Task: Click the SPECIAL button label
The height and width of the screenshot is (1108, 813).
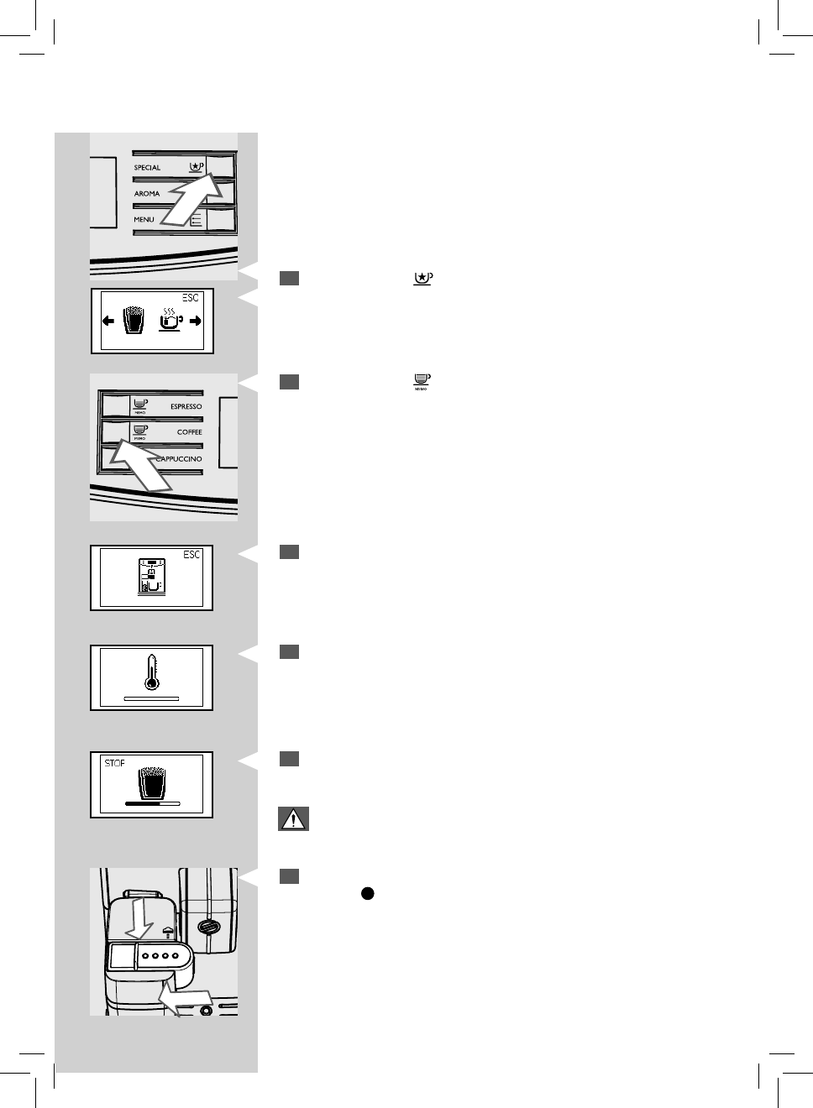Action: [147, 168]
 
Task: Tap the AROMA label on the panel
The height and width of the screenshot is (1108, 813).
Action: [146, 194]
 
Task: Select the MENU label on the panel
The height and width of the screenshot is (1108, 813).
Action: [144, 220]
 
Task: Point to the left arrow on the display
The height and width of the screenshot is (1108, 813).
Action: [108, 321]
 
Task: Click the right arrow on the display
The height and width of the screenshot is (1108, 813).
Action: [196, 321]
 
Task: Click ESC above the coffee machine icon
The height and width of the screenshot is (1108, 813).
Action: [191, 555]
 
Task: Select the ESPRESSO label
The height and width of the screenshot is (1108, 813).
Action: [186, 407]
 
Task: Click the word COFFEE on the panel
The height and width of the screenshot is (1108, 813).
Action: [189, 432]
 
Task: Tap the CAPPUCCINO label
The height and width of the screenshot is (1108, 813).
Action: [180, 459]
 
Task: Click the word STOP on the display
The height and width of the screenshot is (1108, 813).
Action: [114, 763]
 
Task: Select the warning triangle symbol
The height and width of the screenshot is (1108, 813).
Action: [293, 818]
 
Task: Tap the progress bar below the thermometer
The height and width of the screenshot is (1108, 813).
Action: [151, 698]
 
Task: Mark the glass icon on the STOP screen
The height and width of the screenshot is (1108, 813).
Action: [151, 781]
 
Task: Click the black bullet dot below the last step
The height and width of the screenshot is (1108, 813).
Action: [367, 894]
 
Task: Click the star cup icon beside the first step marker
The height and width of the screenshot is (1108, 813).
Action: [422, 279]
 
